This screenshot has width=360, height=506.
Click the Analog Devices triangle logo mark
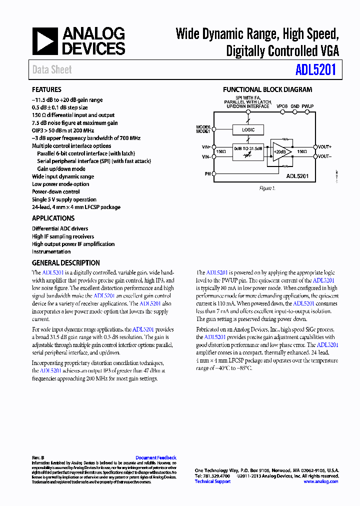tap(45, 41)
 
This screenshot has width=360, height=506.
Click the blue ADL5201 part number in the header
tap(315, 69)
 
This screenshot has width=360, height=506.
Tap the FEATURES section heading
tap(46, 89)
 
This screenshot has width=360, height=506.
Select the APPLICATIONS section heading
tap(53, 218)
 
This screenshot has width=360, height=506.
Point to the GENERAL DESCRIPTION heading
tap(65, 263)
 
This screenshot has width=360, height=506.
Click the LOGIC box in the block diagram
tap(248, 130)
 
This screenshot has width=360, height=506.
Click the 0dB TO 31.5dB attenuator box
tap(248, 151)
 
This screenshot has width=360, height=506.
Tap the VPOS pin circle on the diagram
tap(282, 112)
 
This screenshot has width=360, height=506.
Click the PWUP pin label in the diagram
tap(307, 106)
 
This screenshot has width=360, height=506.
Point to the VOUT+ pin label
tap(324, 146)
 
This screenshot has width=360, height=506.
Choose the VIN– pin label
tap(206, 156)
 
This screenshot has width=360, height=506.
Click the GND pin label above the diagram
tap(295, 106)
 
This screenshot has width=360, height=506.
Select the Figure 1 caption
tap(266, 188)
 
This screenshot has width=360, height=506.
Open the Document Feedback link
tap(155, 457)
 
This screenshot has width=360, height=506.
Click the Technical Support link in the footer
tap(212, 481)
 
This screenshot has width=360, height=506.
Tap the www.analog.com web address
tap(320, 481)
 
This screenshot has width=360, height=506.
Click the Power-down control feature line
tap(55, 191)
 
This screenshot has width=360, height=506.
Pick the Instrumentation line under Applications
tap(51, 251)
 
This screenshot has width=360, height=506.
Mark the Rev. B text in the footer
tap(38, 457)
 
